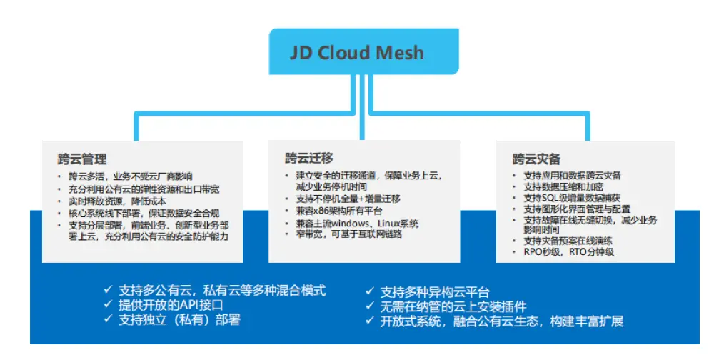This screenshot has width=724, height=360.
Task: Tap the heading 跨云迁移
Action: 309,158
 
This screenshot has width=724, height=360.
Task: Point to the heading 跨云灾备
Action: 536,159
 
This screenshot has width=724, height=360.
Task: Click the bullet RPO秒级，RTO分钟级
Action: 568,252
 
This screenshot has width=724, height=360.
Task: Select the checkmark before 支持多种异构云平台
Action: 370,291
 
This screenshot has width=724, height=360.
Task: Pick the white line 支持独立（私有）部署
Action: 179,320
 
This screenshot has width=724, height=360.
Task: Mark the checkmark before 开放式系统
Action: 370,321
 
